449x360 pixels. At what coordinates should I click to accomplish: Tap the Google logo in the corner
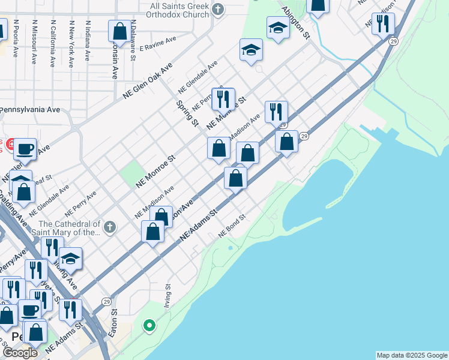click(20, 353)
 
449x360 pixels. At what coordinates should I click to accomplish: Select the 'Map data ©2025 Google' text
click(411, 355)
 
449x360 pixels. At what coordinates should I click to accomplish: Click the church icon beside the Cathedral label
click(109, 227)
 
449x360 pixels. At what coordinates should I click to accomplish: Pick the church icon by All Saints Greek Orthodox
click(217, 9)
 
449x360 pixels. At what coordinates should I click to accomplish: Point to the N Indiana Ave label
click(88, 41)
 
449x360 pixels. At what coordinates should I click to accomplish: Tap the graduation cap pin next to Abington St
click(277, 28)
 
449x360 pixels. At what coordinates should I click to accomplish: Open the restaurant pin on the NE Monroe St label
click(223, 98)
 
